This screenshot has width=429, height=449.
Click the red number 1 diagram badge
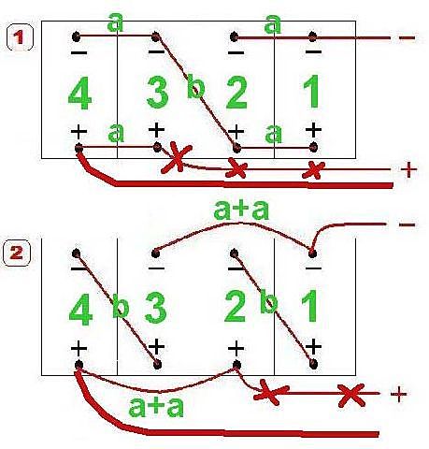pos(20,37)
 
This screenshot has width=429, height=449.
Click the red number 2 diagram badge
pos(17,253)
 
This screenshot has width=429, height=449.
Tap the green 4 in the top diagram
pos(80,94)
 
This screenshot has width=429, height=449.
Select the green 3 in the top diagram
pos(158,93)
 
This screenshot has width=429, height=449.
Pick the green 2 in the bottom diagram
pos(235,306)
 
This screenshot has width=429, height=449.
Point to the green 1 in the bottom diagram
pos(310,306)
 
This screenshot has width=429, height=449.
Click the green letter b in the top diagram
pos(196,85)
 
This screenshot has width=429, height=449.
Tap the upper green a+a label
pos(241,210)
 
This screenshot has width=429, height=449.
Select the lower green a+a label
pos(156,407)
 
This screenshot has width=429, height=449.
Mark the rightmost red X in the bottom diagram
pos(351,395)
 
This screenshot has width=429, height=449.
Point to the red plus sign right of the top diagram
pos(408,170)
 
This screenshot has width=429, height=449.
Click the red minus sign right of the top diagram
pos(407,38)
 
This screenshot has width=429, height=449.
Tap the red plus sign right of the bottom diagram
pos(399,395)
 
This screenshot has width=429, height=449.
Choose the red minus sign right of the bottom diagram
pos(407,224)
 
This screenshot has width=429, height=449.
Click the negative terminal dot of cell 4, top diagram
pos(76,36)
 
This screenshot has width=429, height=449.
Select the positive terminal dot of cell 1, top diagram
pos(314,147)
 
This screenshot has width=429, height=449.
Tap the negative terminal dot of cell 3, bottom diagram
pos(156,253)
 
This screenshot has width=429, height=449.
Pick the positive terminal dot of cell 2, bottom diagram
pos(236,364)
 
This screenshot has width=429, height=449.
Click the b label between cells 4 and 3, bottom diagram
pos(121,306)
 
